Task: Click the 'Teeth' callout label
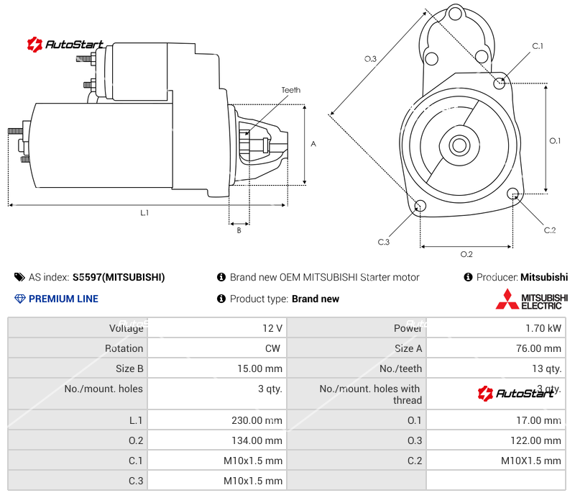pyautogui.click(x=290, y=90)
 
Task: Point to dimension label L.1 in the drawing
pyautogui.click(x=144, y=212)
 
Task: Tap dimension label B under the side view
pyautogui.click(x=239, y=230)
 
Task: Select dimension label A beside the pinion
pyautogui.click(x=313, y=144)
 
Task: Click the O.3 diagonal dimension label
pyautogui.click(x=370, y=59)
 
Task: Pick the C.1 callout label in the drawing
pyautogui.click(x=537, y=46)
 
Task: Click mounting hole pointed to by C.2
pyautogui.click(x=513, y=194)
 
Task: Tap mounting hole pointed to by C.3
pyautogui.click(x=420, y=207)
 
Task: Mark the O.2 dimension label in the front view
pyautogui.click(x=466, y=254)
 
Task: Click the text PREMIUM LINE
pyautogui.click(x=63, y=299)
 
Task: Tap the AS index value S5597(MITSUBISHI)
pyautogui.click(x=119, y=277)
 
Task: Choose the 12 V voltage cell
pyautogui.click(x=272, y=328)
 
